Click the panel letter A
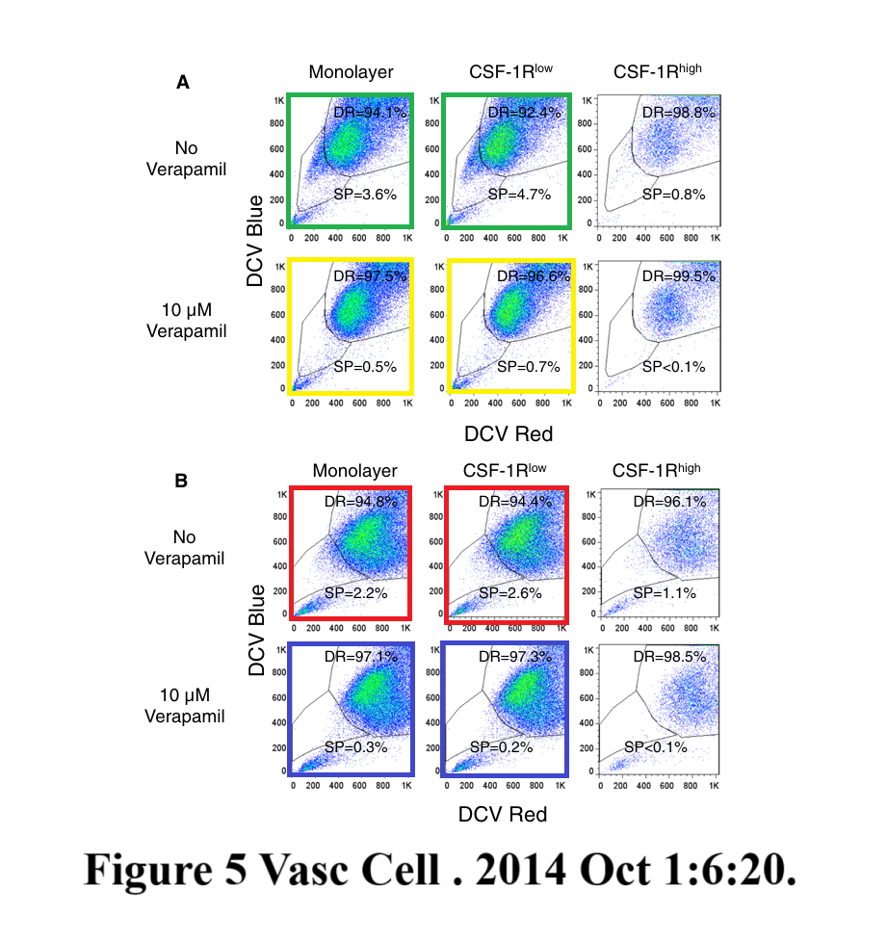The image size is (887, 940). [183, 83]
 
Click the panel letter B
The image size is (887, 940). [181, 480]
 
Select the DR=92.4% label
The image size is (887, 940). [525, 113]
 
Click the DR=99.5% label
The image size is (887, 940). [680, 276]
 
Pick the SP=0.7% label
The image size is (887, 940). [529, 367]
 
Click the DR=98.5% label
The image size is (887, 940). [670, 657]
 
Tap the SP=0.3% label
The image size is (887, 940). [355, 746]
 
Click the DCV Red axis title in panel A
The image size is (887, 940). [509, 434]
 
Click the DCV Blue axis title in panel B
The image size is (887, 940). [256, 629]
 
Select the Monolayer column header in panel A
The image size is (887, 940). [351, 73]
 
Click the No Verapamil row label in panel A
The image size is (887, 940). [186, 159]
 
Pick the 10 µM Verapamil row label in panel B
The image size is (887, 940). [185, 705]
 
